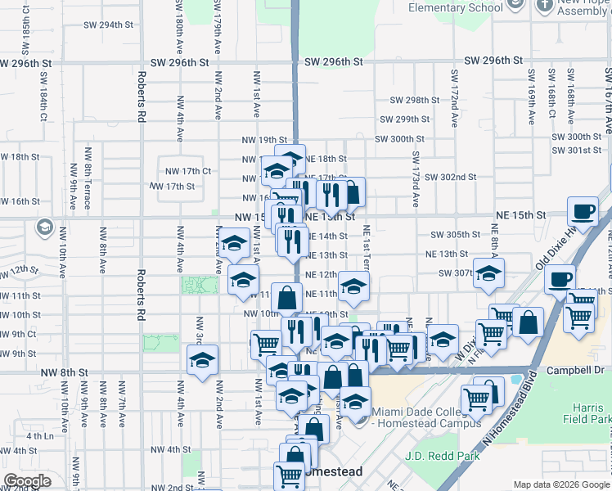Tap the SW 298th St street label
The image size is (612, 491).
click(415, 100)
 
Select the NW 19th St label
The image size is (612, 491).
click(264, 140)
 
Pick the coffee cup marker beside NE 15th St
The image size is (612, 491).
click(583, 212)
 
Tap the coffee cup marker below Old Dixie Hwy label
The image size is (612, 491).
click(560, 279)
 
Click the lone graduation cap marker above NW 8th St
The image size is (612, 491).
click(203, 359)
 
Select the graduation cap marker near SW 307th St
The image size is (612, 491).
click(488, 273)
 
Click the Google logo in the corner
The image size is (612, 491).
click(27, 481)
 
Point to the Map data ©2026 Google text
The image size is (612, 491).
click(561, 485)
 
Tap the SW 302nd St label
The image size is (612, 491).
click(450, 177)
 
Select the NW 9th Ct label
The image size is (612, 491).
click(18, 334)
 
